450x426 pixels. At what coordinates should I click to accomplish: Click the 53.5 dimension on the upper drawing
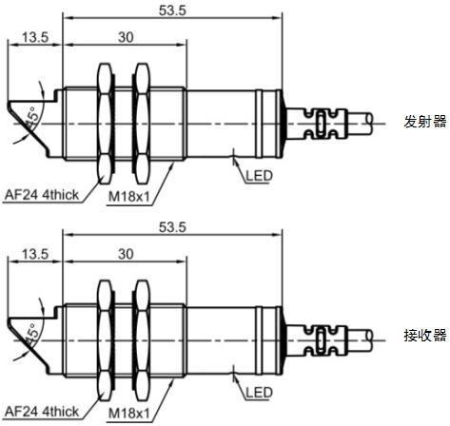172,10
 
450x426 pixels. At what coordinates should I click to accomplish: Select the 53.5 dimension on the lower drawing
172,227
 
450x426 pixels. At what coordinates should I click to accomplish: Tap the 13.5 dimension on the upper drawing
35,37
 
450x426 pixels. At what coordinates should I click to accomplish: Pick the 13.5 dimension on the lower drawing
35,254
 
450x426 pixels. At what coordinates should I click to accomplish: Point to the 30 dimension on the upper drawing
126,37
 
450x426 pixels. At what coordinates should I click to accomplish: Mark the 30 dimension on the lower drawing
126,254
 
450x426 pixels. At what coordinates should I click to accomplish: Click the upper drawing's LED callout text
259,176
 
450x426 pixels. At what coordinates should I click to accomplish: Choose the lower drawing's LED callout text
259,393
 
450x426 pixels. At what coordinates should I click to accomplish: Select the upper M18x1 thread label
128,197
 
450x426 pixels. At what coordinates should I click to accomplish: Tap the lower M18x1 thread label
128,414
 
